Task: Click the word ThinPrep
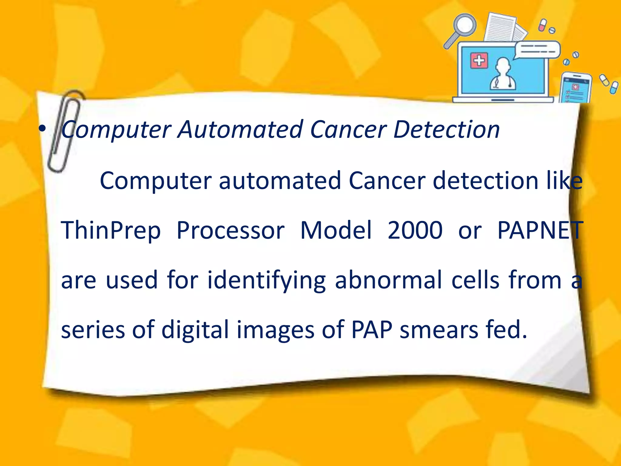pos(111,231)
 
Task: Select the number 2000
pos(415,230)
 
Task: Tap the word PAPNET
pos(540,230)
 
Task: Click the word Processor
pos(230,231)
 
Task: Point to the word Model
pos(336,230)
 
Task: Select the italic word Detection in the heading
pos(446,130)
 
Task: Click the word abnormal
pos(388,280)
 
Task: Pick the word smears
pos(438,330)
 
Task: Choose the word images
pos(275,330)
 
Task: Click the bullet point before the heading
pos(42,129)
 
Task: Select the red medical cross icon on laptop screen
pos(479,61)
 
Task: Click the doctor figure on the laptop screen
pos(503,74)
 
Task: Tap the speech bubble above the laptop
pos(537,49)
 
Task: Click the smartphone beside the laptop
pos(575,88)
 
